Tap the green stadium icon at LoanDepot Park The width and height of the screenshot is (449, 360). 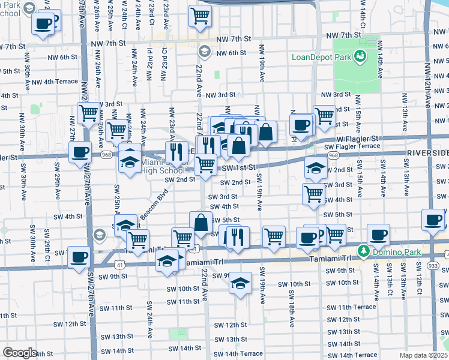pyautogui.click(x=361, y=57)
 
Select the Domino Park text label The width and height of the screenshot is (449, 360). pyautogui.click(x=390, y=250)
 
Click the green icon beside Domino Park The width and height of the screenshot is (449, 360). pyautogui.click(x=362, y=250)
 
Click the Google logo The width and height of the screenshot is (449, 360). pyautogui.click(x=19, y=353)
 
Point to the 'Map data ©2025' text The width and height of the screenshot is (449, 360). pyautogui.click(x=423, y=355)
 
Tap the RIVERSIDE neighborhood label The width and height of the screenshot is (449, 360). pyautogui.click(x=427, y=153)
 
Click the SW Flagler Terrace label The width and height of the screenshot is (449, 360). pyautogui.click(x=352, y=146)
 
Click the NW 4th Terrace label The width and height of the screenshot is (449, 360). pyautogui.click(x=55, y=82)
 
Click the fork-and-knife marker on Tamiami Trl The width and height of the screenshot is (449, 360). pyautogui.click(x=237, y=235)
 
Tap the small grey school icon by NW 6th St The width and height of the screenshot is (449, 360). pyautogui.click(x=204, y=52)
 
